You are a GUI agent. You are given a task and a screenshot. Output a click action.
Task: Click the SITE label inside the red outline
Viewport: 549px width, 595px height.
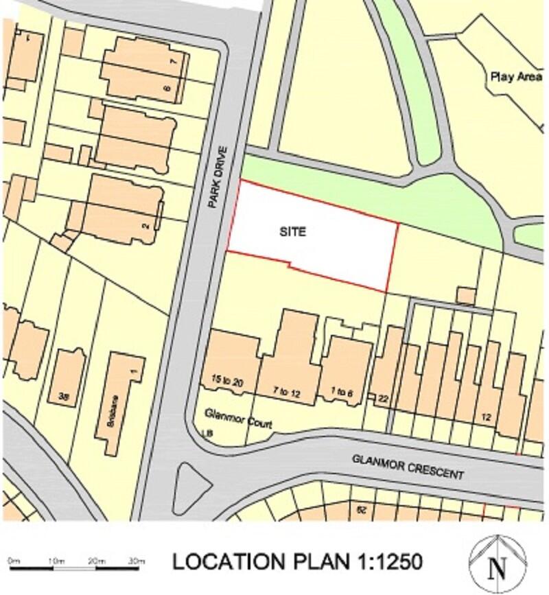point(292,233)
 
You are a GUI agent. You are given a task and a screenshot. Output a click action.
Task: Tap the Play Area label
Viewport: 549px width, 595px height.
point(515,77)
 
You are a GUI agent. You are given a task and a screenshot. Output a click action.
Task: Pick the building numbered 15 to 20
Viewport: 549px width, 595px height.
point(228,380)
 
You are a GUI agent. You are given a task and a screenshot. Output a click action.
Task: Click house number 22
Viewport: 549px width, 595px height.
point(383,399)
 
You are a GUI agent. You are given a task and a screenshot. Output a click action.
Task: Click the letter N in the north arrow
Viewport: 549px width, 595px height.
point(498,568)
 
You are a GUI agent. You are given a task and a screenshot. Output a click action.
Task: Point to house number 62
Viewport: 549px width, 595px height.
point(361,509)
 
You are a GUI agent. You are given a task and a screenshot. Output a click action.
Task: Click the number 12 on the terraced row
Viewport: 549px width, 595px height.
point(487,417)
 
